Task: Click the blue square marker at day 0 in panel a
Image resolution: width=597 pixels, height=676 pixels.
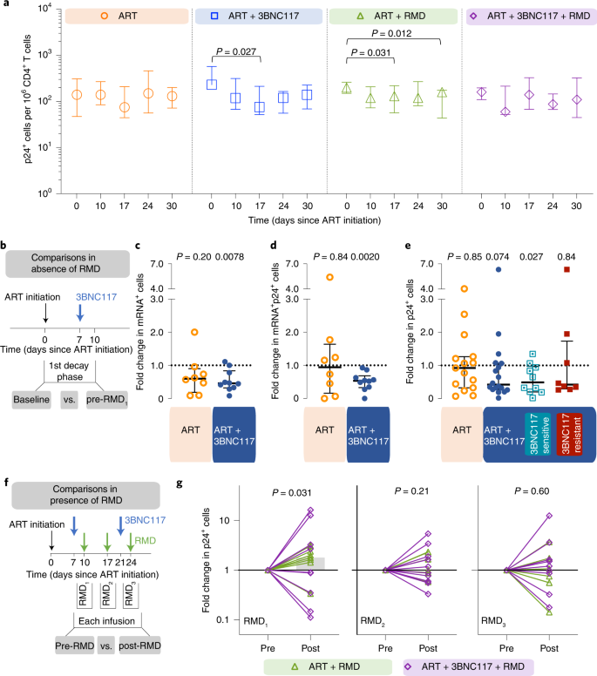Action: pyautogui.click(x=211, y=84)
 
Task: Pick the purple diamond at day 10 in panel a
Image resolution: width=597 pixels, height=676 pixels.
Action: pyautogui.click(x=505, y=112)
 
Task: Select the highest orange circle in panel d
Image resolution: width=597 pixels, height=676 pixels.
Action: pyautogui.click(x=330, y=277)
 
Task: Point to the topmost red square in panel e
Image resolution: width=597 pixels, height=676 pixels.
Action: pyautogui.click(x=567, y=269)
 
